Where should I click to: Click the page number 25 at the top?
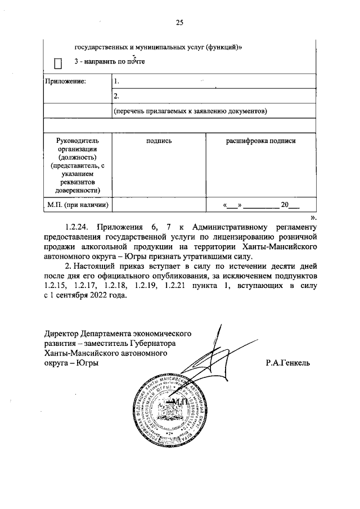[x=180, y=22]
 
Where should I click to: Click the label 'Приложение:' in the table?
[x=65, y=82]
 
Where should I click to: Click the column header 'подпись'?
[x=159, y=141]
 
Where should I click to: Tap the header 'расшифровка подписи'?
[x=260, y=141]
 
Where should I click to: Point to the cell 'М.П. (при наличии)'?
[x=77, y=205]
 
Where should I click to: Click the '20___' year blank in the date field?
[x=290, y=206]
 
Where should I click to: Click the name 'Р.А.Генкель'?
[x=288, y=363]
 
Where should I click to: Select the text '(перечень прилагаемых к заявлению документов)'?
[x=189, y=111]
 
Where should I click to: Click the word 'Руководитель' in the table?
[x=77, y=141]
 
